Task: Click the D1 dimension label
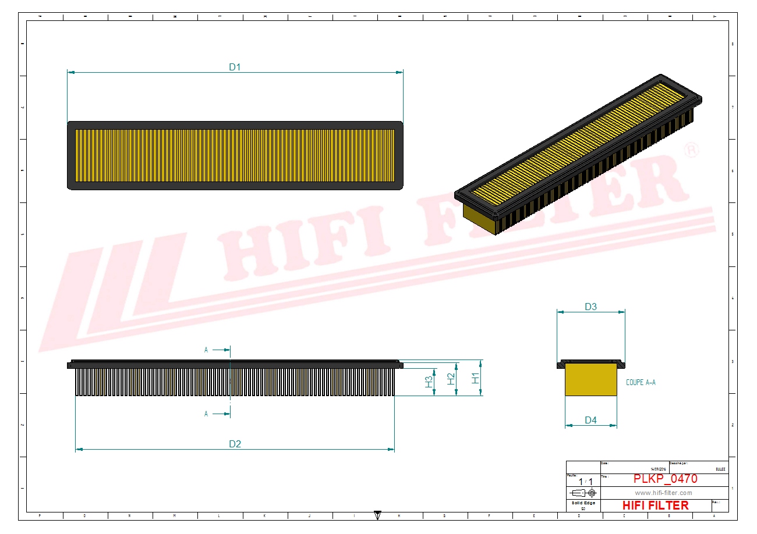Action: click(235, 67)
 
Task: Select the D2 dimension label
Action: click(235, 444)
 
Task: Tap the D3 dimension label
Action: click(590, 307)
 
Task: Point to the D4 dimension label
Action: click(590, 420)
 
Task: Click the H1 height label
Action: click(476, 378)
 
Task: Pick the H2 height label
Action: click(451, 379)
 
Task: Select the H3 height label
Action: click(429, 382)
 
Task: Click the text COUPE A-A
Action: click(641, 382)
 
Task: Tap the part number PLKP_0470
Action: click(665, 479)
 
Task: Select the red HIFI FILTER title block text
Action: click(655, 505)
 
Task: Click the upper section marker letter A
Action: click(206, 350)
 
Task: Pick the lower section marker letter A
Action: click(206, 414)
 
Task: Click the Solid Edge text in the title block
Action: click(583, 503)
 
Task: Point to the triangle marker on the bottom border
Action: click(377, 515)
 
